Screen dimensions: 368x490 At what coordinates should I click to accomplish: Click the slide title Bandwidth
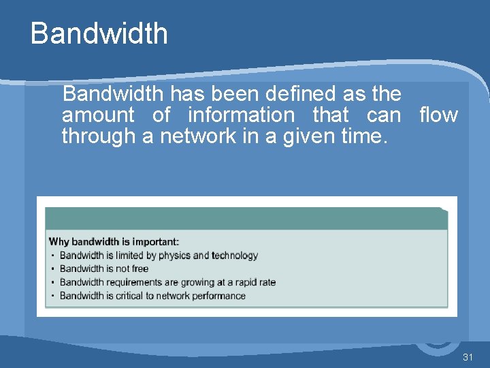coord(99,33)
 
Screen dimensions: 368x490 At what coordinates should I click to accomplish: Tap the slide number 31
coord(468,358)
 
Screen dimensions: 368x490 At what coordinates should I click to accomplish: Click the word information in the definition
coord(241,115)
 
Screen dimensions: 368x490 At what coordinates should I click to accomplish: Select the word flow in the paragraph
coord(438,115)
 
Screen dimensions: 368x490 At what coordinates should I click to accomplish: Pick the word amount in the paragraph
coord(98,115)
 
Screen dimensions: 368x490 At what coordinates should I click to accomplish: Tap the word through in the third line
coord(98,136)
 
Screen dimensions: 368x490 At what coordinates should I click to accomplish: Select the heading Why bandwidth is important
coord(114,241)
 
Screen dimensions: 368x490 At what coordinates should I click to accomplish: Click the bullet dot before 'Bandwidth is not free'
coord(53,269)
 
